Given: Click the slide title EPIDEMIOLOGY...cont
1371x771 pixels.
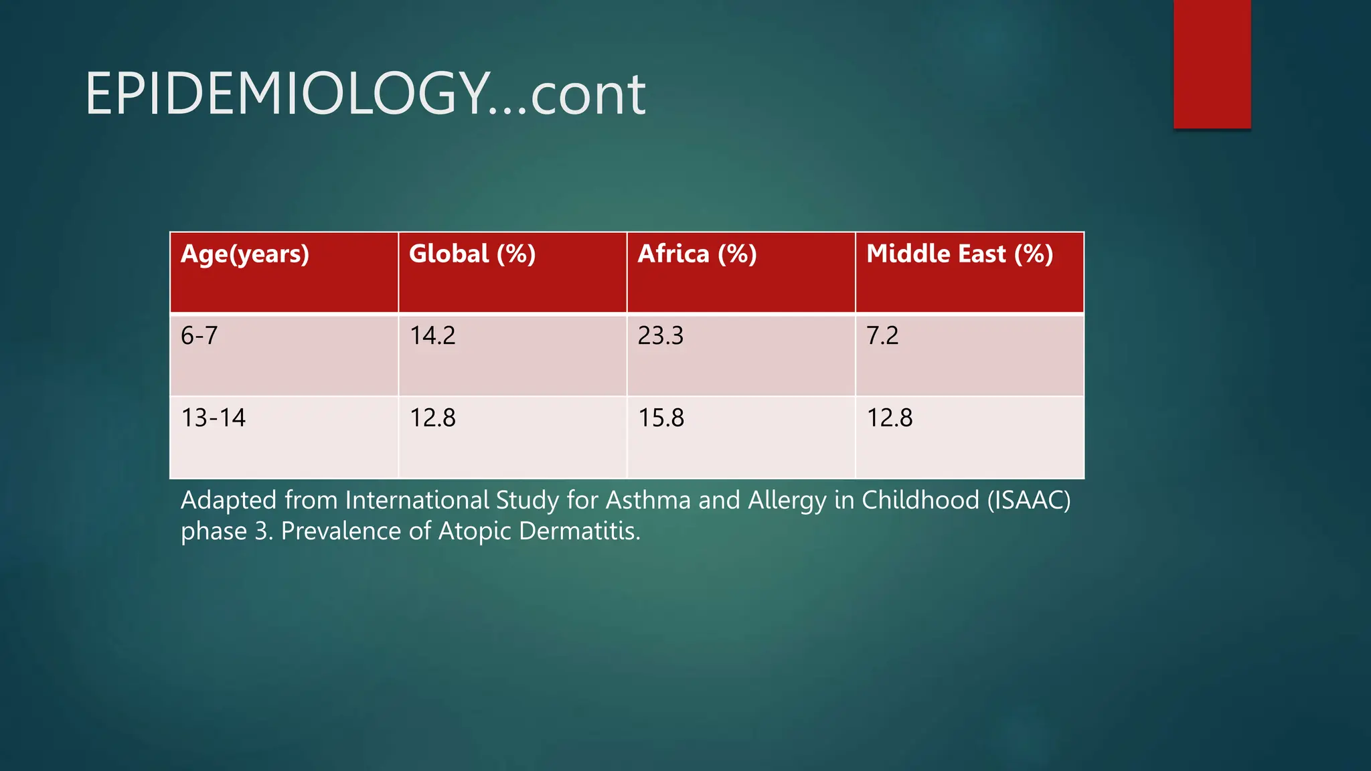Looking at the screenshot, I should (x=365, y=94).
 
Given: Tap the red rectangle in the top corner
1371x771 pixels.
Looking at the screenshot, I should (x=1212, y=64).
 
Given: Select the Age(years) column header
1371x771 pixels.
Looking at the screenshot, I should (x=245, y=254).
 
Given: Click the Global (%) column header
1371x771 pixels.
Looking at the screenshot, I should (x=472, y=254).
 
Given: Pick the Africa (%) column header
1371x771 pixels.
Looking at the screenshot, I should (x=697, y=254).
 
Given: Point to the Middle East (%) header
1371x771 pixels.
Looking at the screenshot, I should (x=959, y=254).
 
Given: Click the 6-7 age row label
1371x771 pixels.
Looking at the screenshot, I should (x=199, y=335).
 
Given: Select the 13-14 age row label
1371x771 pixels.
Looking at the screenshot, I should (x=213, y=418).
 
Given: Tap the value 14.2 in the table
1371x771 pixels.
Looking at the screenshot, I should (x=432, y=335).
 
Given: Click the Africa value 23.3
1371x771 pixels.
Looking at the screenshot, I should (x=661, y=335).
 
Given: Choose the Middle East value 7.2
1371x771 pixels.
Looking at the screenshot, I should (x=882, y=335).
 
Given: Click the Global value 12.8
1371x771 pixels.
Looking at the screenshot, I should (x=432, y=418).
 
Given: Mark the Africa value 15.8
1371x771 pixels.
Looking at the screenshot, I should (x=661, y=418).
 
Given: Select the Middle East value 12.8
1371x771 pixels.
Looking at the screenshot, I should (x=889, y=418).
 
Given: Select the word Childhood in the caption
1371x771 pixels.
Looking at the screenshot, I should (x=920, y=501).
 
